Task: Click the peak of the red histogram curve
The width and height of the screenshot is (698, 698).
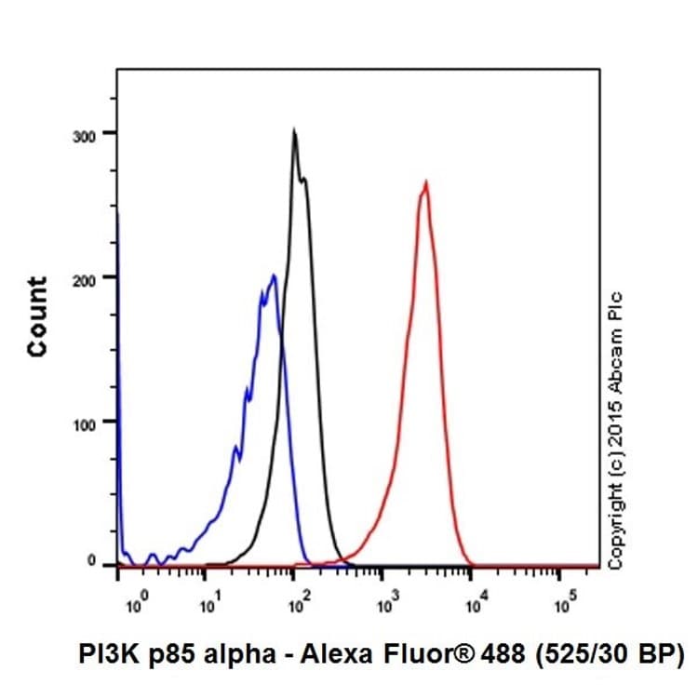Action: pos(425,182)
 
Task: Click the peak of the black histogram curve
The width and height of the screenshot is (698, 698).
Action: pos(294,131)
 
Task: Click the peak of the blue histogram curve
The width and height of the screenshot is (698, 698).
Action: pos(273,275)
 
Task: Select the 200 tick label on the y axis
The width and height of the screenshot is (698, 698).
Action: pos(87,277)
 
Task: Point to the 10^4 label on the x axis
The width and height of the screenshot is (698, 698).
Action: pos(475,606)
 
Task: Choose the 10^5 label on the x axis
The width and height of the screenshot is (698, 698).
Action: pos(562,606)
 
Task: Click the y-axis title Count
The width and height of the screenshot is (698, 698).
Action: pos(37,316)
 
